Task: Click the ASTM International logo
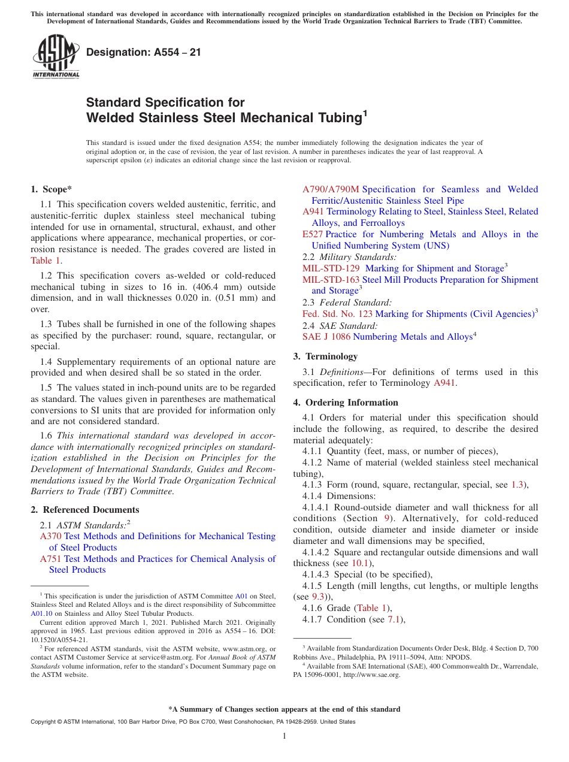click(56, 58)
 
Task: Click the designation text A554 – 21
click(144, 53)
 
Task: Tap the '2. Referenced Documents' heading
click(84, 510)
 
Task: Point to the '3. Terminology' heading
click(325, 356)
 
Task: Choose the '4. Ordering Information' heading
click(346, 403)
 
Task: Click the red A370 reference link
click(50, 536)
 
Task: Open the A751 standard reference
click(50, 559)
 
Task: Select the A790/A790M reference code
click(331, 189)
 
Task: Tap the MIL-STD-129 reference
click(331, 268)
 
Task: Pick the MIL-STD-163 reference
click(331, 280)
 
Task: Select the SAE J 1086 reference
click(326, 337)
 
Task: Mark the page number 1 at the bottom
click(284, 736)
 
